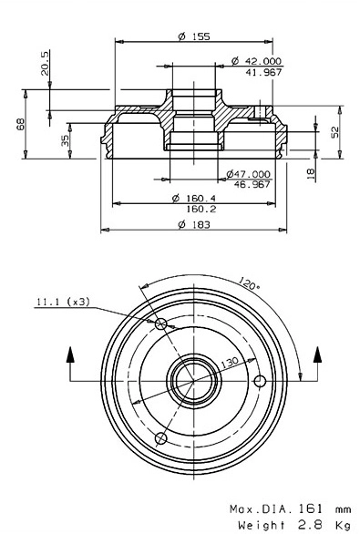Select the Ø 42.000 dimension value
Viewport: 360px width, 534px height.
tap(256, 60)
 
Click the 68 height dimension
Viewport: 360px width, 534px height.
tap(20, 124)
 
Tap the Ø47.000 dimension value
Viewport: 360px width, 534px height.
tap(249, 173)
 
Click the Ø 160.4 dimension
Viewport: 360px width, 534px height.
tap(193, 199)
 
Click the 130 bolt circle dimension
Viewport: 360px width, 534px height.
tap(230, 363)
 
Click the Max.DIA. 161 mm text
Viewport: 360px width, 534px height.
tap(290, 510)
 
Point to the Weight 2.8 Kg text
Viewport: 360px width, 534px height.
tap(293, 525)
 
